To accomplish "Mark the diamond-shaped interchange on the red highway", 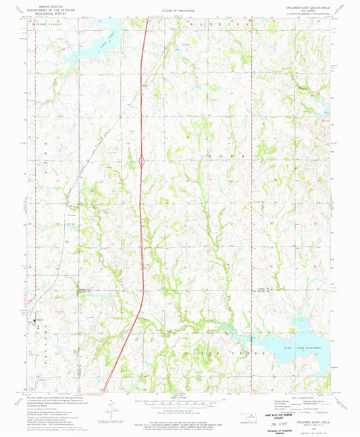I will coord(142,161).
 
